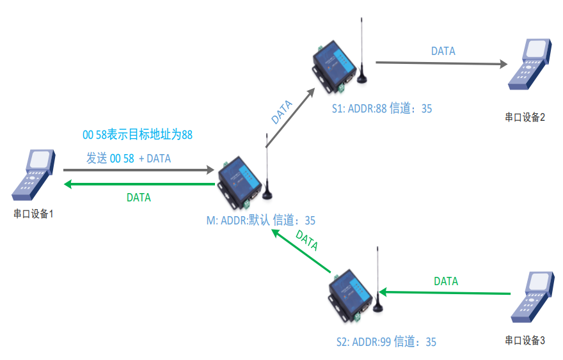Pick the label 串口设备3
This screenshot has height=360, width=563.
pos(525,340)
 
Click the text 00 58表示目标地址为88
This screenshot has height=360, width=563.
pos(138,135)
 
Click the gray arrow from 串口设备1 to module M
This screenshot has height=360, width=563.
pos(138,171)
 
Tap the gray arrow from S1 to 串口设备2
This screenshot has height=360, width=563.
pos(441,63)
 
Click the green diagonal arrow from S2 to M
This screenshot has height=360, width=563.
pos(301,251)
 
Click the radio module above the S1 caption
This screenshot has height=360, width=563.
pos(336,64)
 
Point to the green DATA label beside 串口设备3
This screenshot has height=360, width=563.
pos(446,281)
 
